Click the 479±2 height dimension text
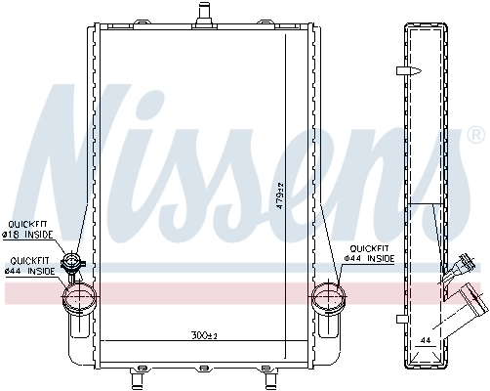tap(279, 196)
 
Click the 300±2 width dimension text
tap(202, 335)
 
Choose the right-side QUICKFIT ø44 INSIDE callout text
tap(372, 254)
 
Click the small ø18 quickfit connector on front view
tap(71, 262)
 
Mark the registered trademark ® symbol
tap(474, 133)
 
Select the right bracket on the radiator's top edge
tap(314, 23)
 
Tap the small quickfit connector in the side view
tap(463, 261)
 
